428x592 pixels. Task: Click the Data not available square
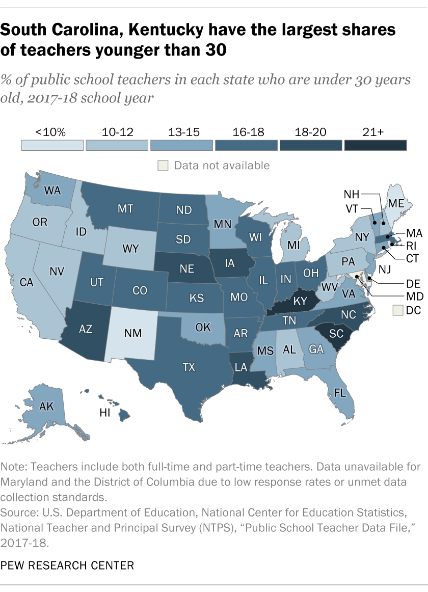pyautogui.click(x=162, y=166)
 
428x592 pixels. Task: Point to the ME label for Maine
pyautogui.click(x=397, y=203)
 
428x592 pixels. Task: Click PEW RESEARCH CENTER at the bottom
pyautogui.click(x=61, y=565)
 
